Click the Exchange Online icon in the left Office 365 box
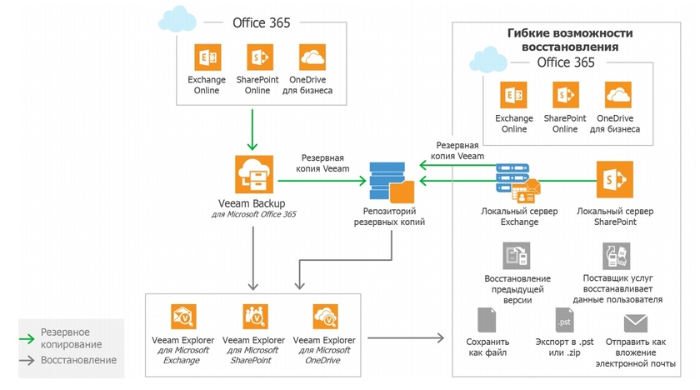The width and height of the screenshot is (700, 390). click(207, 57)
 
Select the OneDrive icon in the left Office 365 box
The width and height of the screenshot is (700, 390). click(312, 57)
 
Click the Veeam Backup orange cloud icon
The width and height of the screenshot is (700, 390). click(252, 175)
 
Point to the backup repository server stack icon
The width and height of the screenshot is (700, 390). click(388, 182)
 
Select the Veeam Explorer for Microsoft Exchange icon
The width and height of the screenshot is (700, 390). click(182, 317)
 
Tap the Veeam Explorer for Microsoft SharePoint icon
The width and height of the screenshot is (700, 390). click(253, 317)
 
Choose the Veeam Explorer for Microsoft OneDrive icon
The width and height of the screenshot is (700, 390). click(325, 317)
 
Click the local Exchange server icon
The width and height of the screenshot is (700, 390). click(517, 182)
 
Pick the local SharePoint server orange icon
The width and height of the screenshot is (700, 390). click(615, 178)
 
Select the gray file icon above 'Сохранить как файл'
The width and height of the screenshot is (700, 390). click(487, 321)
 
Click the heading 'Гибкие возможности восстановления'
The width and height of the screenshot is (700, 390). click(570, 40)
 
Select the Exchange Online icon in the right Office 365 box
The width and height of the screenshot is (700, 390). click(514, 95)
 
